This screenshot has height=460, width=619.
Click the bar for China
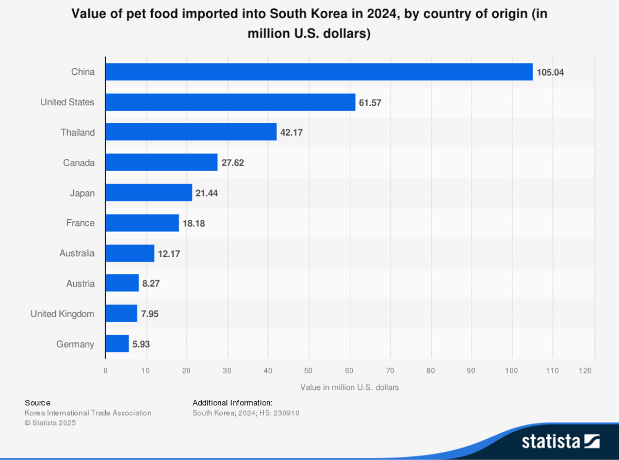click(319, 72)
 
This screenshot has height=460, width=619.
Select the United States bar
click(230, 102)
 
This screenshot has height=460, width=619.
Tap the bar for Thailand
click(191, 132)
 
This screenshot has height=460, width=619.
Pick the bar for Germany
click(117, 344)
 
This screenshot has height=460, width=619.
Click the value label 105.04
click(550, 72)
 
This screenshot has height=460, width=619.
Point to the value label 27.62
click(233, 163)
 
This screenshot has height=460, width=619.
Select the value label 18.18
click(194, 223)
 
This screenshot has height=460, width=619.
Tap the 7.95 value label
click(150, 314)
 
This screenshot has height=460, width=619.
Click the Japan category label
click(82, 193)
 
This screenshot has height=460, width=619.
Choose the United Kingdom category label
click(62, 314)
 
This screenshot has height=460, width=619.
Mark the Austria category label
click(80, 284)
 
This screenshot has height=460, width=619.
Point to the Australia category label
click(77, 253)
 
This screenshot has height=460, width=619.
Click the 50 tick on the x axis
click(308, 370)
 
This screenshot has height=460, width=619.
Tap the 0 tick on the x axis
click(105, 370)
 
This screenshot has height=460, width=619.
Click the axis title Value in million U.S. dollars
click(349, 387)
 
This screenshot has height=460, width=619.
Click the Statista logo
click(560, 441)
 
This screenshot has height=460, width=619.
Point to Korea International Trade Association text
click(88, 413)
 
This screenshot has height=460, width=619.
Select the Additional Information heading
click(232, 403)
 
